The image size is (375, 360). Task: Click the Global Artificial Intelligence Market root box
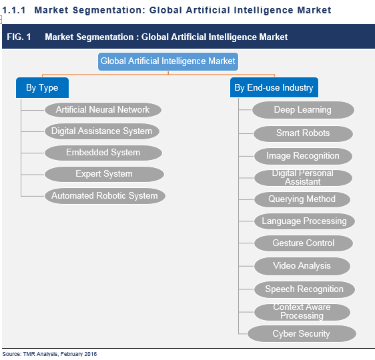coord(167,61)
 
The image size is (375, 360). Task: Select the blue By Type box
coord(42,87)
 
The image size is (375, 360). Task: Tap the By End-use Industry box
coord(274,87)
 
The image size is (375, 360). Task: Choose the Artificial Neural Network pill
coord(103,109)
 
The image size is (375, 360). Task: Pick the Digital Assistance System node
coord(102,131)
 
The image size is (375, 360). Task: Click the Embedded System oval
coord(103,153)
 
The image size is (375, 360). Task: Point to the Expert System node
coord(104,174)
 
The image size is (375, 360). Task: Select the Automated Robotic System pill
coord(105,196)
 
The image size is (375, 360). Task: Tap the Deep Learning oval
coord(302,110)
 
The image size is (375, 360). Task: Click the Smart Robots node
coord(303,133)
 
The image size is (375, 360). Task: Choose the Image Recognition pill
coord(303,156)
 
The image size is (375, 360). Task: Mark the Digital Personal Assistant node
coord(303,177)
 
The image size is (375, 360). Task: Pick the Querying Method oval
coord(302,199)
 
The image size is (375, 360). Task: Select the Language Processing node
coord(304,221)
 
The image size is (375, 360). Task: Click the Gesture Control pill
coord(304,243)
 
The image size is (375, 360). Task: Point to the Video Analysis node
coord(302,266)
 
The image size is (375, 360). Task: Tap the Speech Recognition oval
coord(304,289)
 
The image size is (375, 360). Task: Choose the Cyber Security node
coord(302,333)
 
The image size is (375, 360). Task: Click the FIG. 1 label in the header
coord(19,37)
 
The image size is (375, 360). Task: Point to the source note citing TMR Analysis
coord(49,354)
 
